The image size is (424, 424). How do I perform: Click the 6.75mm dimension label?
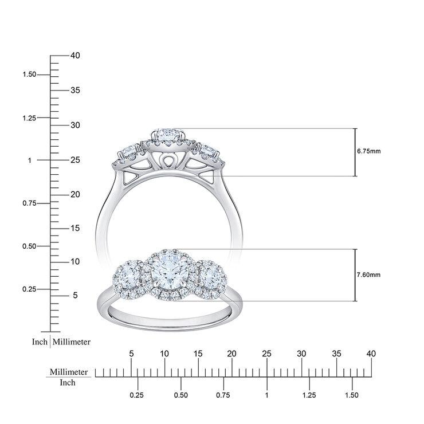coord(368,152)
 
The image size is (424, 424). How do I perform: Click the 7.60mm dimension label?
coord(368,274)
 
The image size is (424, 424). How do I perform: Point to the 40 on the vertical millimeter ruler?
coord(74,56)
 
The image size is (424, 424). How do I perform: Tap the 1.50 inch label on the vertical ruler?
coord(29,74)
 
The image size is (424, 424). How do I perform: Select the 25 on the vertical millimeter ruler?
coord(74,160)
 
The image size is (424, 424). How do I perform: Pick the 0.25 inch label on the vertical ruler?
coord(29,289)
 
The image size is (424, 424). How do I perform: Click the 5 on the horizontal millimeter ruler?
coord(131,354)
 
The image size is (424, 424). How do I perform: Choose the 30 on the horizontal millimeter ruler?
coord(301,354)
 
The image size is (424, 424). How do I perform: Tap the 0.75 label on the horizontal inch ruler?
coord(223,395)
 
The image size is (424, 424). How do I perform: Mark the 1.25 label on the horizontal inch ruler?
coord(309,395)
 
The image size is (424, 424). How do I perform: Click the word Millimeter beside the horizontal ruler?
coord(69,372)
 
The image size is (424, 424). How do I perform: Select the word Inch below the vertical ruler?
coord(40,341)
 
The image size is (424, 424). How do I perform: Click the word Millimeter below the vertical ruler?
coord(72,341)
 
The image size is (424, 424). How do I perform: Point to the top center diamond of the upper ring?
coord(168,133)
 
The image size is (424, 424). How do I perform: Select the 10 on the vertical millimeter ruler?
coord(74,262)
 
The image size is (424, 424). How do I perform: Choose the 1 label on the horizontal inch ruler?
coord(266,395)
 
